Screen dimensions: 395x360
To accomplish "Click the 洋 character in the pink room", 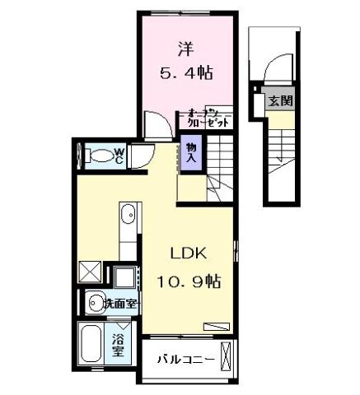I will (184, 48).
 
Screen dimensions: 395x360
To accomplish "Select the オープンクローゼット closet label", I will (207, 118).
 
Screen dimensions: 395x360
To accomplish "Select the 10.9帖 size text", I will (188, 280).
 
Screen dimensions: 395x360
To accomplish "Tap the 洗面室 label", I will (119, 304).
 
